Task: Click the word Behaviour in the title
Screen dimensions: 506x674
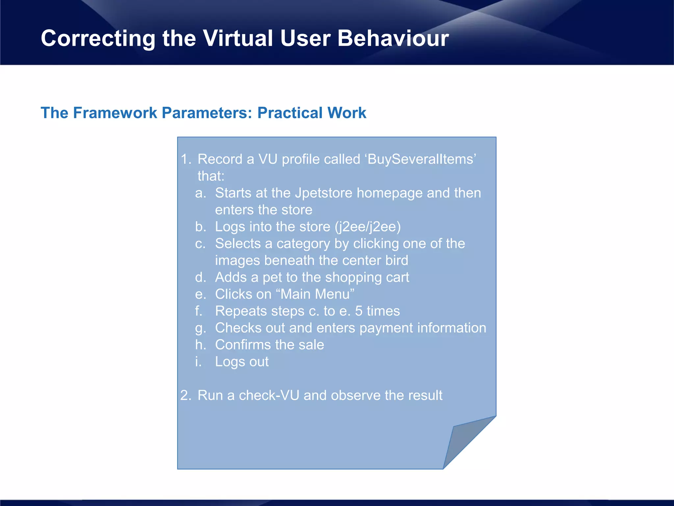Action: (393, 38)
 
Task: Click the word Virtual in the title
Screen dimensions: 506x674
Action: (238, 38)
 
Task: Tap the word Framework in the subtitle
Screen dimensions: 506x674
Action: (115, 113)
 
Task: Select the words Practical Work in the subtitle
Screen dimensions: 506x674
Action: (312, 113)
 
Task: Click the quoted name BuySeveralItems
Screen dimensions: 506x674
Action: (421, 159)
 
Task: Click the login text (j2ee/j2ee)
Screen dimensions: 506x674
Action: (368, 227)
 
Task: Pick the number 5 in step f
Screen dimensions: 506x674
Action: (359, 311)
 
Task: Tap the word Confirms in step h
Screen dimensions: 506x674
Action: (243, 345)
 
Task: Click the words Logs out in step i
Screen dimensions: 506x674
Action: (242, 362)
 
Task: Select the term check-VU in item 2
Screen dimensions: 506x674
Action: (269, 395)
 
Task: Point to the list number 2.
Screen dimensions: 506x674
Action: (185, 395)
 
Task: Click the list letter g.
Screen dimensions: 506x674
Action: (199, 328)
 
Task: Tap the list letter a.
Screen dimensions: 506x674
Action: (200, 193)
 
